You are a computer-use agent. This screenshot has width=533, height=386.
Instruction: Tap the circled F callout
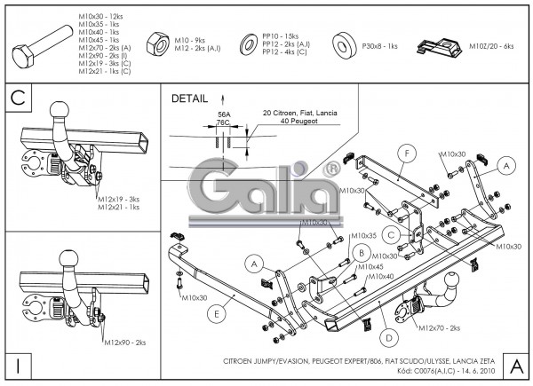click(405, 154)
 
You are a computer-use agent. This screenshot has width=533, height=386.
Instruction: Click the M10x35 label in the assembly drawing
click(363, 235)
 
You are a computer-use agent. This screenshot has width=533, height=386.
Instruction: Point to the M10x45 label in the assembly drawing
click(370, 266)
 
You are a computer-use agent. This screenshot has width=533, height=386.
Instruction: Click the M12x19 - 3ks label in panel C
click(120, 199)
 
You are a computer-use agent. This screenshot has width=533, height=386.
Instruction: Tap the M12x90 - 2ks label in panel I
click(126, 342)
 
